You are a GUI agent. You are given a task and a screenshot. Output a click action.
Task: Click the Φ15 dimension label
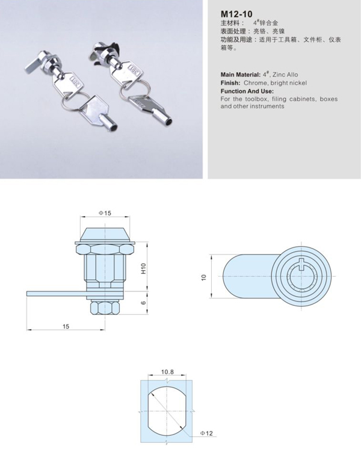point(104,213)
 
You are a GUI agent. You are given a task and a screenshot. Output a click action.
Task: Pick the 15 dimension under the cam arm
point(66,326)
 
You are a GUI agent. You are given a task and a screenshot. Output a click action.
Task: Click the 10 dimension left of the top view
point(204,277)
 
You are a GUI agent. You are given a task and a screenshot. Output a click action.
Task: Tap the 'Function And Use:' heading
point(247,90)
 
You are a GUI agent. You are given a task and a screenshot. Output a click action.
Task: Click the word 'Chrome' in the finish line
point(256,82)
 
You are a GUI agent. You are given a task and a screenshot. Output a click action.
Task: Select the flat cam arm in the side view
point(54,292)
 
